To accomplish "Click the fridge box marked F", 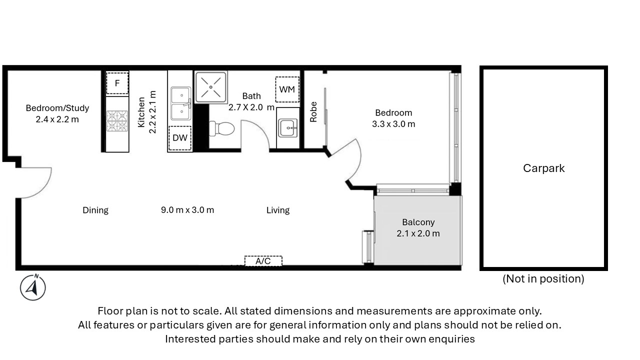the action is point(117,83).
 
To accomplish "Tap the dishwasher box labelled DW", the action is point(179,138).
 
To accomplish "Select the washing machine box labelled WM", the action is point(287,89).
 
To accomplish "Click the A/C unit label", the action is point(263,261).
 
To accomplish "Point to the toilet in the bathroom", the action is point(221,128).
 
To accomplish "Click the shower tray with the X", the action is point(211,87).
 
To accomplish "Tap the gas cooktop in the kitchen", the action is point(117,121).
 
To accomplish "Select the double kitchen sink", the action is point(181,103).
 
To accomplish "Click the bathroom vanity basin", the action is point(288,128).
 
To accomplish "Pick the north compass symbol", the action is point(33,287).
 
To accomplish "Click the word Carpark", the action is point(543,168).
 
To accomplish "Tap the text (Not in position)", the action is point(543,278).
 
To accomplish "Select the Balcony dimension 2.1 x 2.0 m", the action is point(418,233).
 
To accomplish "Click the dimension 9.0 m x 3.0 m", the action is point(187,210).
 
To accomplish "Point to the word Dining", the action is point(95,210).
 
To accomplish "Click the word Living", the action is point(278,210).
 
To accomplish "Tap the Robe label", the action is point(313,112).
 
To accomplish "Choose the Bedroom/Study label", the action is point(57,108).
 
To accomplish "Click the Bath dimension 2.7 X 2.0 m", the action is point(251,107).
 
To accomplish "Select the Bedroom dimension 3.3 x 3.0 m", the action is point(393,124).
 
